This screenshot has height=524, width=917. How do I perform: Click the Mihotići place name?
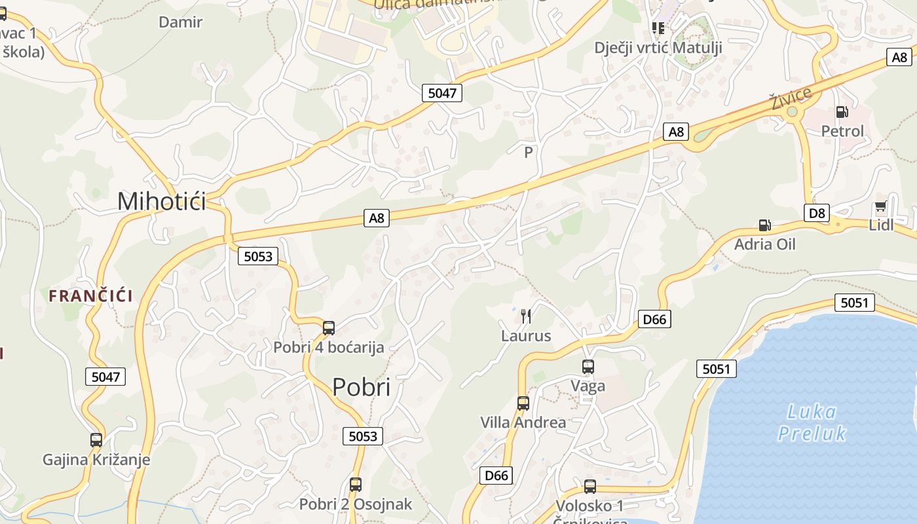161,201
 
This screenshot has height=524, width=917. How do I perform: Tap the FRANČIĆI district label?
91,295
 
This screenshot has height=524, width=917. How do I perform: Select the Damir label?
181,22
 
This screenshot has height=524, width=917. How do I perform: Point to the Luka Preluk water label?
812,422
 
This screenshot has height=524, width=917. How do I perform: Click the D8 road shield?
817,212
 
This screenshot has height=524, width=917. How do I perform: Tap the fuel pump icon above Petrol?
842,112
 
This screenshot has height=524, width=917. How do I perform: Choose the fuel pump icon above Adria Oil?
764,225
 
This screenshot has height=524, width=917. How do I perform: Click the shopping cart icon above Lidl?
880,207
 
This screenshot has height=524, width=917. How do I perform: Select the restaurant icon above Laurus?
526,316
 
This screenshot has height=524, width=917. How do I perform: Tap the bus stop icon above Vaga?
588,367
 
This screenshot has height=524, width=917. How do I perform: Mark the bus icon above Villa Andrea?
523,403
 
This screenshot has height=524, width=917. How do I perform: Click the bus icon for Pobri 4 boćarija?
329,327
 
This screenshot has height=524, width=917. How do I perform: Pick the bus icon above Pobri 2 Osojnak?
355,485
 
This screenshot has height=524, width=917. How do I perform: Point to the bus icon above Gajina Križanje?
96,440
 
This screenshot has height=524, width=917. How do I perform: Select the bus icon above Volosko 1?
590,486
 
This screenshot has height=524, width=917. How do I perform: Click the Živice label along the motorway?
791,98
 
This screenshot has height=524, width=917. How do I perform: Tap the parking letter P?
529,153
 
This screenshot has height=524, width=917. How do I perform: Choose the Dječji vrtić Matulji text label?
658,47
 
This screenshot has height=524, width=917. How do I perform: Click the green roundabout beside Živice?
793,112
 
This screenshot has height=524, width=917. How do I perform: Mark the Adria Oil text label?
765,244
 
